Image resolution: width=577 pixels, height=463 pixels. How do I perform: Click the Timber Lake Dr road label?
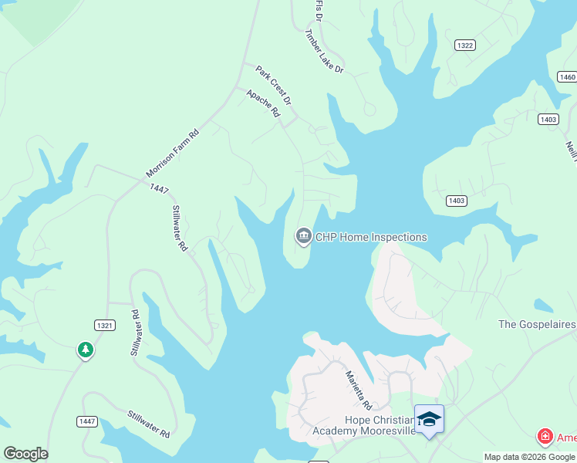[x=324, y=52]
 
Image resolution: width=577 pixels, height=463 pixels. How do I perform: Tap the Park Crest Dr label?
[x=274, y=86]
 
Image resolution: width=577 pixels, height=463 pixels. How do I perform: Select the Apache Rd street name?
[x=263, y=103]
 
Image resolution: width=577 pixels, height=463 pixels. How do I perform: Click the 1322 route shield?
[x=464, y=46]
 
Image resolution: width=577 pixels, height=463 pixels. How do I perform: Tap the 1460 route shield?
[x=567, y=76]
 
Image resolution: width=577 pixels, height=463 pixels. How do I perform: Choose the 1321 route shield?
[x=105, y=326]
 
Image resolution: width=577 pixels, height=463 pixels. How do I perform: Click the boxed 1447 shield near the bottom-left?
[x=86, y=421]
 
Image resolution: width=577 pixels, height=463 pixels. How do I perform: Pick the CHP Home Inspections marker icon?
[x=303, y=236]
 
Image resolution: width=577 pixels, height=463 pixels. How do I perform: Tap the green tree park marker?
[x=85, y=351]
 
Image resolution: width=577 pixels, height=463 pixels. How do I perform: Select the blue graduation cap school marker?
[x=429, y=419]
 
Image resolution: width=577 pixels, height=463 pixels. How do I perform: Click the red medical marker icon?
[x=545, y=438]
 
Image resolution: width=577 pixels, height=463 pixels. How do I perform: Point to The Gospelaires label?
[x=537, y=324]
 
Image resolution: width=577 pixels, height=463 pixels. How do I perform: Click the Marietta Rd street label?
[x=358, y=390]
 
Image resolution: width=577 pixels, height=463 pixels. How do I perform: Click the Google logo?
[x=25, y=454]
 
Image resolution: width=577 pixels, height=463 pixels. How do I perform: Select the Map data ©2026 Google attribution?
[x=530, y=457]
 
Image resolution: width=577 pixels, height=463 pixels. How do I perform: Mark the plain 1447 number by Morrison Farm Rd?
[x=160, y=188]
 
